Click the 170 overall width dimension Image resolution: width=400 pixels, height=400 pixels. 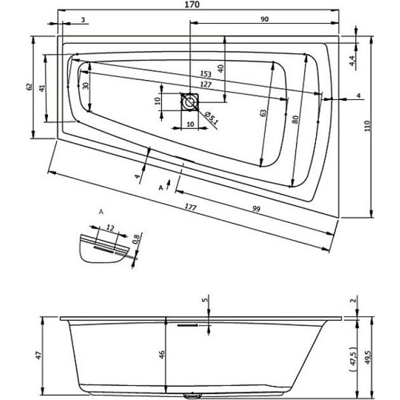(x=192, y=4)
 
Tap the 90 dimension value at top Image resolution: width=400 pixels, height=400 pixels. (x=265, y=19)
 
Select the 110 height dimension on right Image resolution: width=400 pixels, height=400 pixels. (x=367, y=126)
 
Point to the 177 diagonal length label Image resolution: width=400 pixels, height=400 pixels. (x=190, y=207)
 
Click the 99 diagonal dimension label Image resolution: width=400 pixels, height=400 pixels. (x=256, y=209)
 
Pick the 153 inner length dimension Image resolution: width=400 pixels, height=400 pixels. (x=205, y=74)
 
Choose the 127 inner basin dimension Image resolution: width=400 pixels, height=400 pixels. (x=206, y=84)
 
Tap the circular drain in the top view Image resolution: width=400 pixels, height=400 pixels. (x=190, y=102)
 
